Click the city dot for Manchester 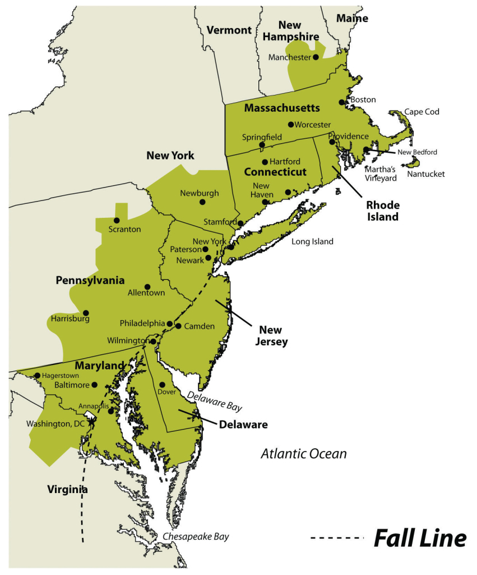316,57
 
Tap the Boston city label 363,100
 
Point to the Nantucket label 425,174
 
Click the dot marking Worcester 291,125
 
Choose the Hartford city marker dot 265,162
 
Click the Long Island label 312,242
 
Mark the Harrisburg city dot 86,313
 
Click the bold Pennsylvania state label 90,280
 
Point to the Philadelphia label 142,323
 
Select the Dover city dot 162,385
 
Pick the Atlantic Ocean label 303,454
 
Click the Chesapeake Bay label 196,537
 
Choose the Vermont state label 229,30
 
